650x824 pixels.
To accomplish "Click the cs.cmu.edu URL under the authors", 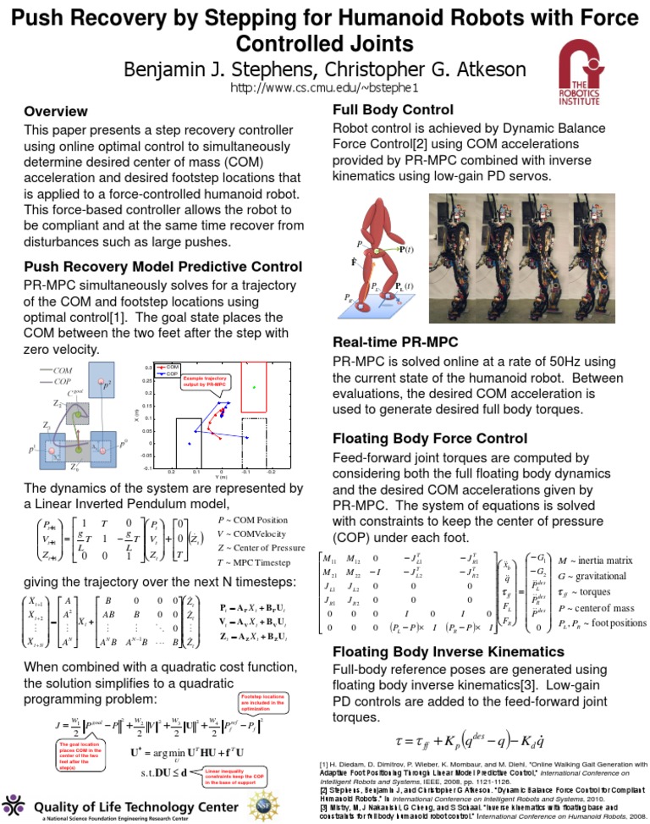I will [324, 88].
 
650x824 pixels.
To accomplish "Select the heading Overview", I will [56, 112].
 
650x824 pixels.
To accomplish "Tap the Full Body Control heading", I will [393, 109].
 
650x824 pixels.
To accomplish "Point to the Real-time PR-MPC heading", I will [395, 343].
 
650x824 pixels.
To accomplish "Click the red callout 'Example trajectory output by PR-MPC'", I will [204, 382].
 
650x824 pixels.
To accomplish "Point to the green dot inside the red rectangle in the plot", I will [255, 387].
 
